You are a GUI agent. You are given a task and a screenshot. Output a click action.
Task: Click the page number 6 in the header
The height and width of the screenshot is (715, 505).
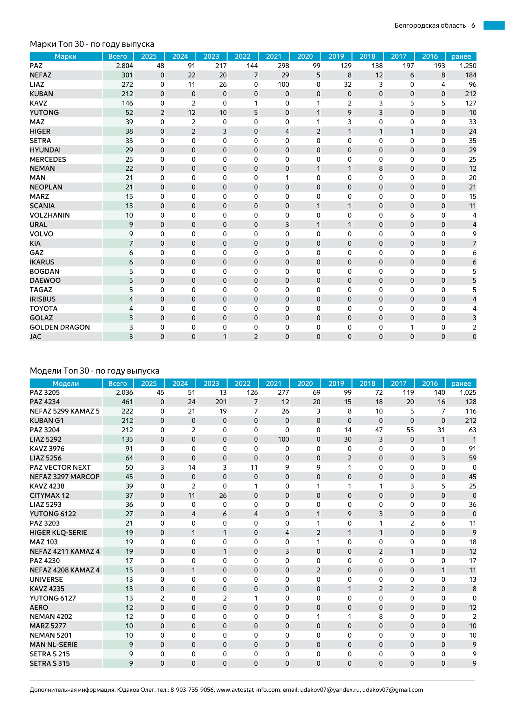click(473, 26)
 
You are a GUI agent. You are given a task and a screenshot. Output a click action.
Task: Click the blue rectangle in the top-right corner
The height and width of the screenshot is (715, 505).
click(494, 26)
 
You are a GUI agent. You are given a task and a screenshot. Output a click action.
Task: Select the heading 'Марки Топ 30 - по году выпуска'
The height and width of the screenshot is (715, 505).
click(92, 44)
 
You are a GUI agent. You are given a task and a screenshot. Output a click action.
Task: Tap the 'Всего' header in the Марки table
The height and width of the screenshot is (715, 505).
click(118, 56)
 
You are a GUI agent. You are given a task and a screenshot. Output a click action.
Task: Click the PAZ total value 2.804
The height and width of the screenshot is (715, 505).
click(124, 66)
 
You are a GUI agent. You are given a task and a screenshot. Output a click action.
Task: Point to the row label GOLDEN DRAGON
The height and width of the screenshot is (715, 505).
click(60, 327)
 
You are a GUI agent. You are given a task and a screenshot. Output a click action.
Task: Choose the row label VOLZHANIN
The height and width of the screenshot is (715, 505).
click(50, 215)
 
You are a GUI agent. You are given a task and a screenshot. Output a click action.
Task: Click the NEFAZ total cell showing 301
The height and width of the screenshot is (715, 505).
click(127, 75)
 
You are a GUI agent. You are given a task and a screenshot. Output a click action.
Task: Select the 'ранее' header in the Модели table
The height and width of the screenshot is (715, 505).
click(461, 383)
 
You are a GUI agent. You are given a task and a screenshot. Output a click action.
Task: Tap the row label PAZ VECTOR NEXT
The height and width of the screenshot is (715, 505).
click(60, 467)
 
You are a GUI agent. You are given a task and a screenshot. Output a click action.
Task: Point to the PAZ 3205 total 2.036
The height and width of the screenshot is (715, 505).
click(124, 392)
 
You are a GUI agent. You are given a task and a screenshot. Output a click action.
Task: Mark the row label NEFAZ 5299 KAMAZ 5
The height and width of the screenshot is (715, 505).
click(65, 411)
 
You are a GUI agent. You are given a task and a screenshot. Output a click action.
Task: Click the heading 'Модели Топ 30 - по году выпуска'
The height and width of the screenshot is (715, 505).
click(94, 371)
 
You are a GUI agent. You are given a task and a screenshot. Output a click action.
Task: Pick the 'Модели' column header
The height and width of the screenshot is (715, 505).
click(66, 383)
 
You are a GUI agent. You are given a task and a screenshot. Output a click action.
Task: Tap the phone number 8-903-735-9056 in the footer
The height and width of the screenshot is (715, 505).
click(192, 690)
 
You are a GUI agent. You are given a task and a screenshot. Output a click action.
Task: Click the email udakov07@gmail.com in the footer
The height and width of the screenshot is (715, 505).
click(393, 690)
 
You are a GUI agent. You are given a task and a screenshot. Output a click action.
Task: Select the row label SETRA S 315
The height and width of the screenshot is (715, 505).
click(50, 663)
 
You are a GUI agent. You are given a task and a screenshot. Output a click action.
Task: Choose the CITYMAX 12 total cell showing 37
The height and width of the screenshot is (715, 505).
click(129, 495)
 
